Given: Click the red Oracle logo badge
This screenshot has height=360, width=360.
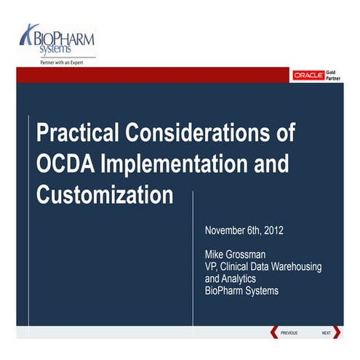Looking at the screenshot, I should click(x=308, y=75).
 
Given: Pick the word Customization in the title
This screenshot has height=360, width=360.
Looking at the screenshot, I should click(x=105, y=195).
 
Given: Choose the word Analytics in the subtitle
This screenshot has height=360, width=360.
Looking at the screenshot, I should click(x=242, y=278).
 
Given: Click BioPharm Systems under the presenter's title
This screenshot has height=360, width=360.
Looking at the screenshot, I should click(x=241, y=290).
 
